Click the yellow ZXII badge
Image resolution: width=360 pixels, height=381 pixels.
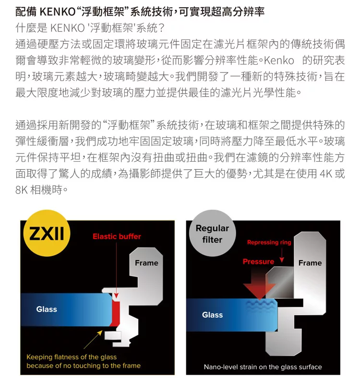pyautogui.click(x=47, y=233)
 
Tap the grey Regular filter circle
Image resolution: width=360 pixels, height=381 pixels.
pyautogui.click(x=212, y=233)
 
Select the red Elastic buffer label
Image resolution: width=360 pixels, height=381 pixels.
pyautogui.click(x=117, y=237)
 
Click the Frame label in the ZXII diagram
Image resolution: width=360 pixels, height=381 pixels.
pyautogui.click(x=146, y=263)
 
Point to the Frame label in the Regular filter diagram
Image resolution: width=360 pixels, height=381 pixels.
pyautogui.click(x=310, y=263)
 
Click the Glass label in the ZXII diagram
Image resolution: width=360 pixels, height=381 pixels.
pyautogui.click(x=47, y=309)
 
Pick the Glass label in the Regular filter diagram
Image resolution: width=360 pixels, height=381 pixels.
pyautogui.click(x=213, y=315)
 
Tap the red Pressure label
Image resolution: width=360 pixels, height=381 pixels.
pyautogui.click(x=258, y=262)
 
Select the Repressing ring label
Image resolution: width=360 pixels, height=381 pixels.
pyautogui.click(x=269, y=242)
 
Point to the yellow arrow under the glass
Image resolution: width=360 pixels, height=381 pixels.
pyautogui.click(x=93, y=339)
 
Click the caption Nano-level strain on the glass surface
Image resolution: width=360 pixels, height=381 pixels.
pyautogui.click(x=263, y=367)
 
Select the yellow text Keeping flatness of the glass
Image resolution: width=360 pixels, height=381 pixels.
pyautogui.click(x=72, y=357)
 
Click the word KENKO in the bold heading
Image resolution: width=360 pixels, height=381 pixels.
pyautogui.click(x=58, y=12)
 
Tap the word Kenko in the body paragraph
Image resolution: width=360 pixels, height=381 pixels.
pyautogui.click(x=279, y=60)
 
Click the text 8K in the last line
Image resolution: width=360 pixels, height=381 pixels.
pyautogui.click(x=22, y=190)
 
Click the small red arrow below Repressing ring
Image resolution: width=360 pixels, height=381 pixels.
pyautogui.click(x=282, y=256)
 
